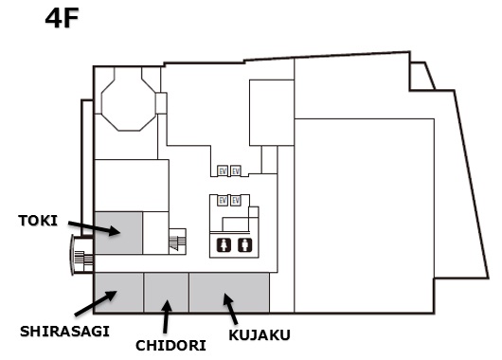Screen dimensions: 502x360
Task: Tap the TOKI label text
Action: point(38,221)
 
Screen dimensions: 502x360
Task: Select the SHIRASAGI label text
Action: point(65,331)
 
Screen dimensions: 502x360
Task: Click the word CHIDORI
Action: point(170,345)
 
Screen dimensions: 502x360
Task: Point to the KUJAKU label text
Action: point(260,334)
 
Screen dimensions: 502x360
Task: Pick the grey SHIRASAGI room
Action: point(118,293)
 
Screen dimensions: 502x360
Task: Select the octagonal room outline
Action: point(128,103)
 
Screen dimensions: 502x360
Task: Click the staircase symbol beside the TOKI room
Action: point(176,243)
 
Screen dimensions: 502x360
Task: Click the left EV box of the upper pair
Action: point(223,171)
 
